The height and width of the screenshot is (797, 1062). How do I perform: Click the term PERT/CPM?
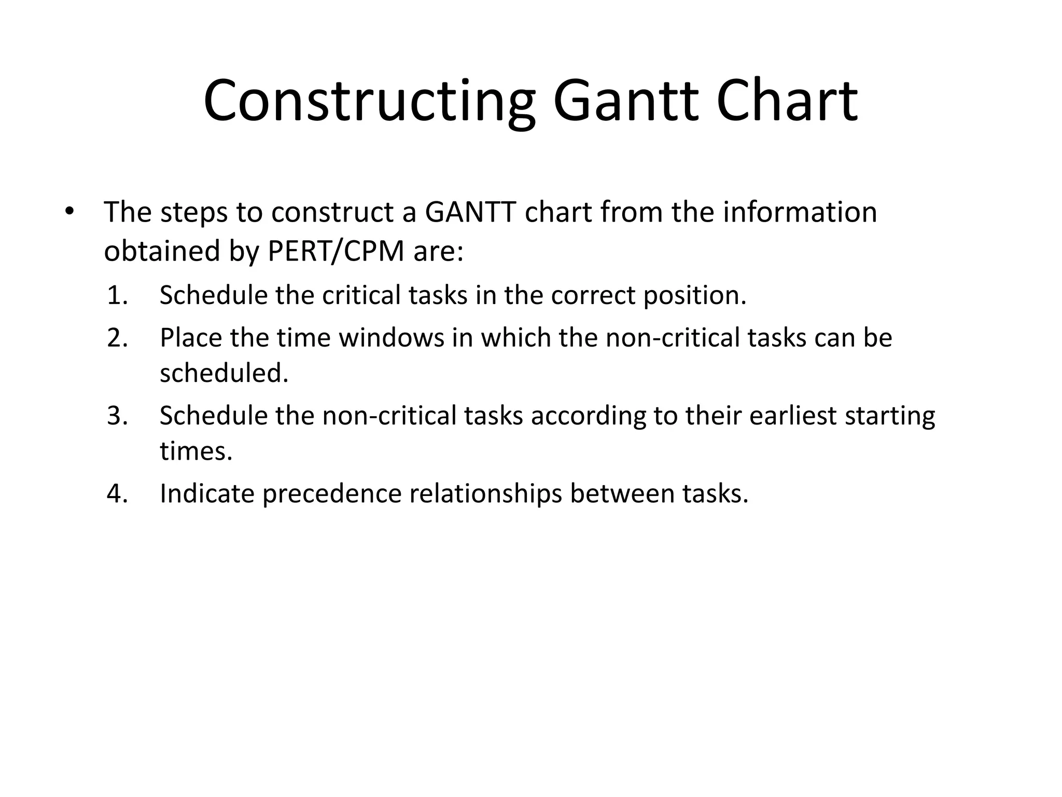336,252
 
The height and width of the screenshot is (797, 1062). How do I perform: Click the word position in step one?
694,296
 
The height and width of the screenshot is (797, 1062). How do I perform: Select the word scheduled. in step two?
224,373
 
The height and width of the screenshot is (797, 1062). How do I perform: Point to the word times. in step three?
196,451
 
